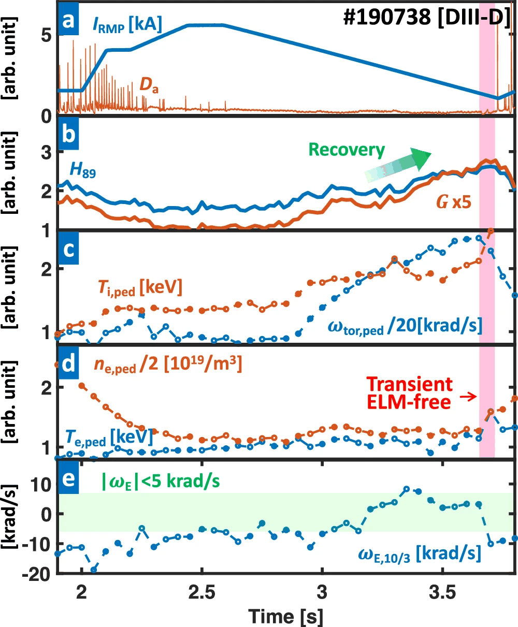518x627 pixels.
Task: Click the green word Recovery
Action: (x=346, y=150)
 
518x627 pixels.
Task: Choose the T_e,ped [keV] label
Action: (x=109, y=438)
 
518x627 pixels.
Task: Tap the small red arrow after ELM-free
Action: (x=468, y=397)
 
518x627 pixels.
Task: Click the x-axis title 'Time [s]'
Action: (x=285, y=616)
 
